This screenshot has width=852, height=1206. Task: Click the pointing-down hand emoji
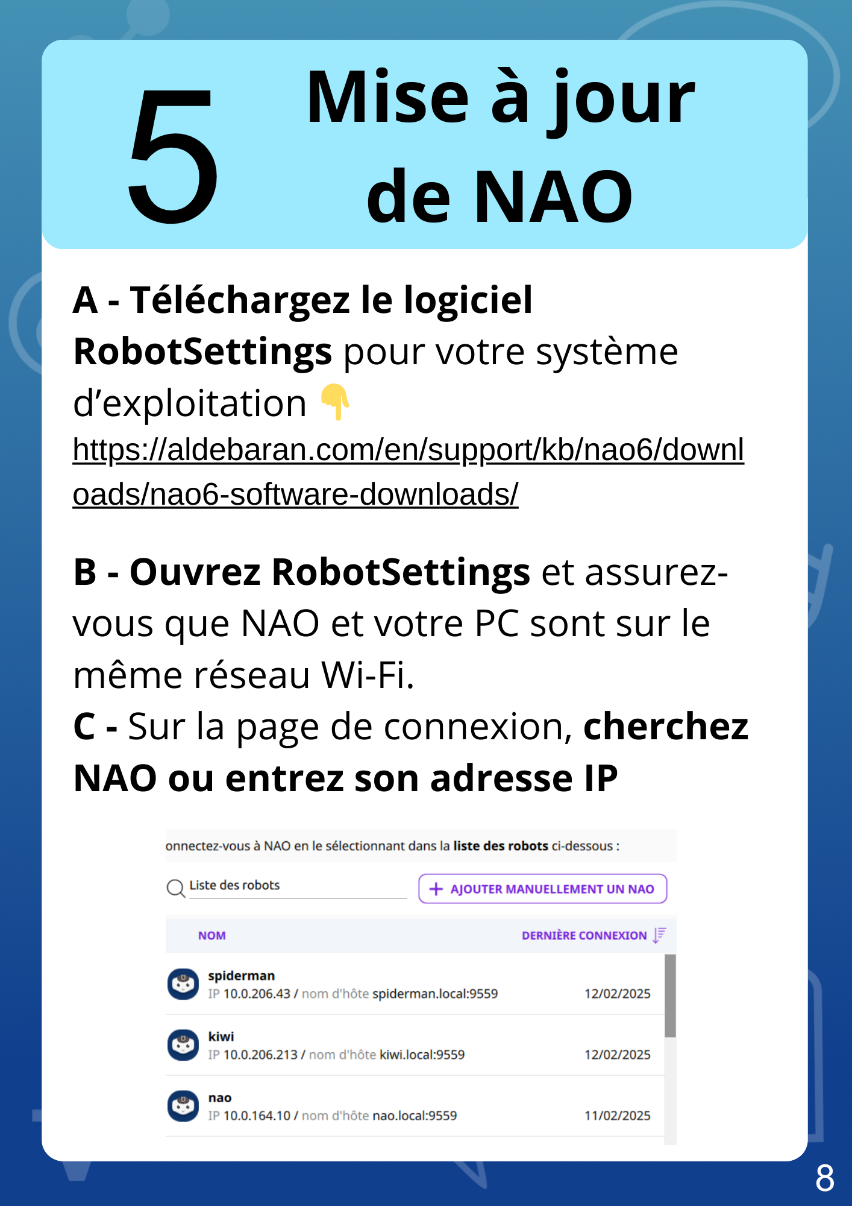(335, 402)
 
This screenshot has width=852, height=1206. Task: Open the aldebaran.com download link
(407, 450)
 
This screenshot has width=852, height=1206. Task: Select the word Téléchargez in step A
(240, 300)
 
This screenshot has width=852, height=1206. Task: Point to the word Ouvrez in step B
(195, 572)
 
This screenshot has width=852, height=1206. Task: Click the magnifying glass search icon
(175, 888)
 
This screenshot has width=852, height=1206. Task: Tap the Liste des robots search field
(296, 886)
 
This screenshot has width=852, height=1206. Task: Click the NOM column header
(212, 935)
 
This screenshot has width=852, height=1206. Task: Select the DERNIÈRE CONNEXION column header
(583, 935)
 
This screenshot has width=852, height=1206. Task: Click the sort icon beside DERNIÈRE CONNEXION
(659, 935)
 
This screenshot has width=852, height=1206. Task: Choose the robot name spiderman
(241, 976)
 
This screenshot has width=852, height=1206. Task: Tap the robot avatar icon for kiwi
(183, 1045)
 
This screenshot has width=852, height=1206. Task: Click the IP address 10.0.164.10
(257, 1116)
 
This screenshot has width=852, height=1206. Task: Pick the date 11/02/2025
(617, 1116)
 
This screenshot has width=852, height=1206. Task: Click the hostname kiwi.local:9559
(422, 1055)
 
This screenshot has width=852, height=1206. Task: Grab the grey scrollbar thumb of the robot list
(670, 995)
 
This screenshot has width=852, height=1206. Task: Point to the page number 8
(824, 1178)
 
